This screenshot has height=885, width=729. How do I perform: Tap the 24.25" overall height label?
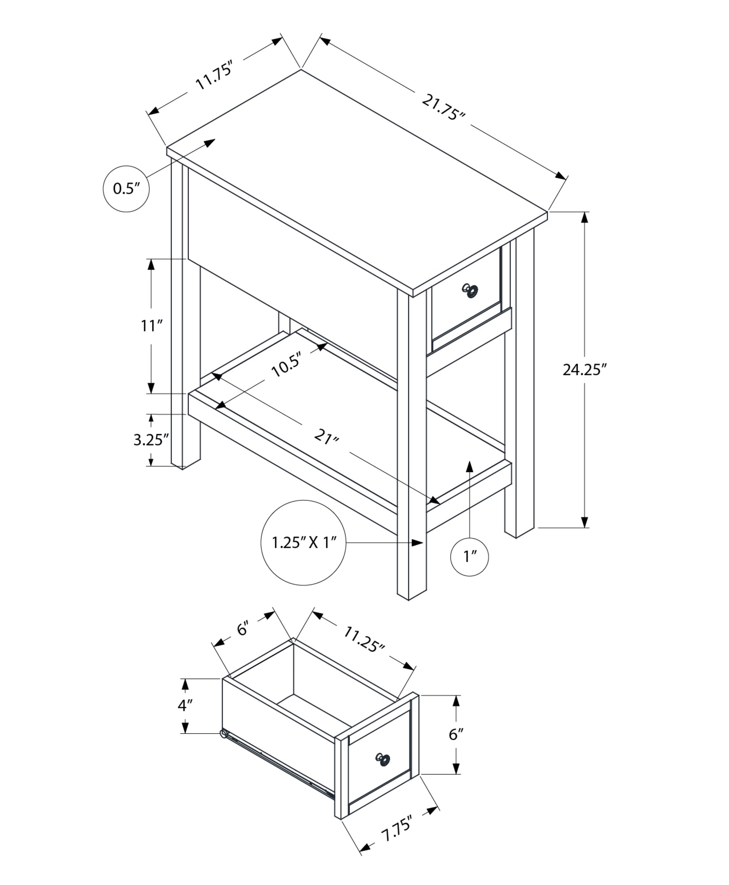[x=583, y=369]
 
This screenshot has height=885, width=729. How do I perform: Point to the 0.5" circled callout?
[x=126, y=189]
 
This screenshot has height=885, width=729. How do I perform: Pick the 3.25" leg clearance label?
[x=151, y=440]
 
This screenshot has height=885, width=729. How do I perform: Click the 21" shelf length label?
[x=326, y=438]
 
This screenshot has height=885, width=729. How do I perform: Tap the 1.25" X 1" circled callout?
[x=304, y=543]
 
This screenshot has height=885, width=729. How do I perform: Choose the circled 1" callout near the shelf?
[x=469, y=557]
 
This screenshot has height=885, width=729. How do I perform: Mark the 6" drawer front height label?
[x=456, y=735]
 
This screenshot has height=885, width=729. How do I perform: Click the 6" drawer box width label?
[x=243, y=628]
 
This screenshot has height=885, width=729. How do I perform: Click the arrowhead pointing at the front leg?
[x=417, y=543]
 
